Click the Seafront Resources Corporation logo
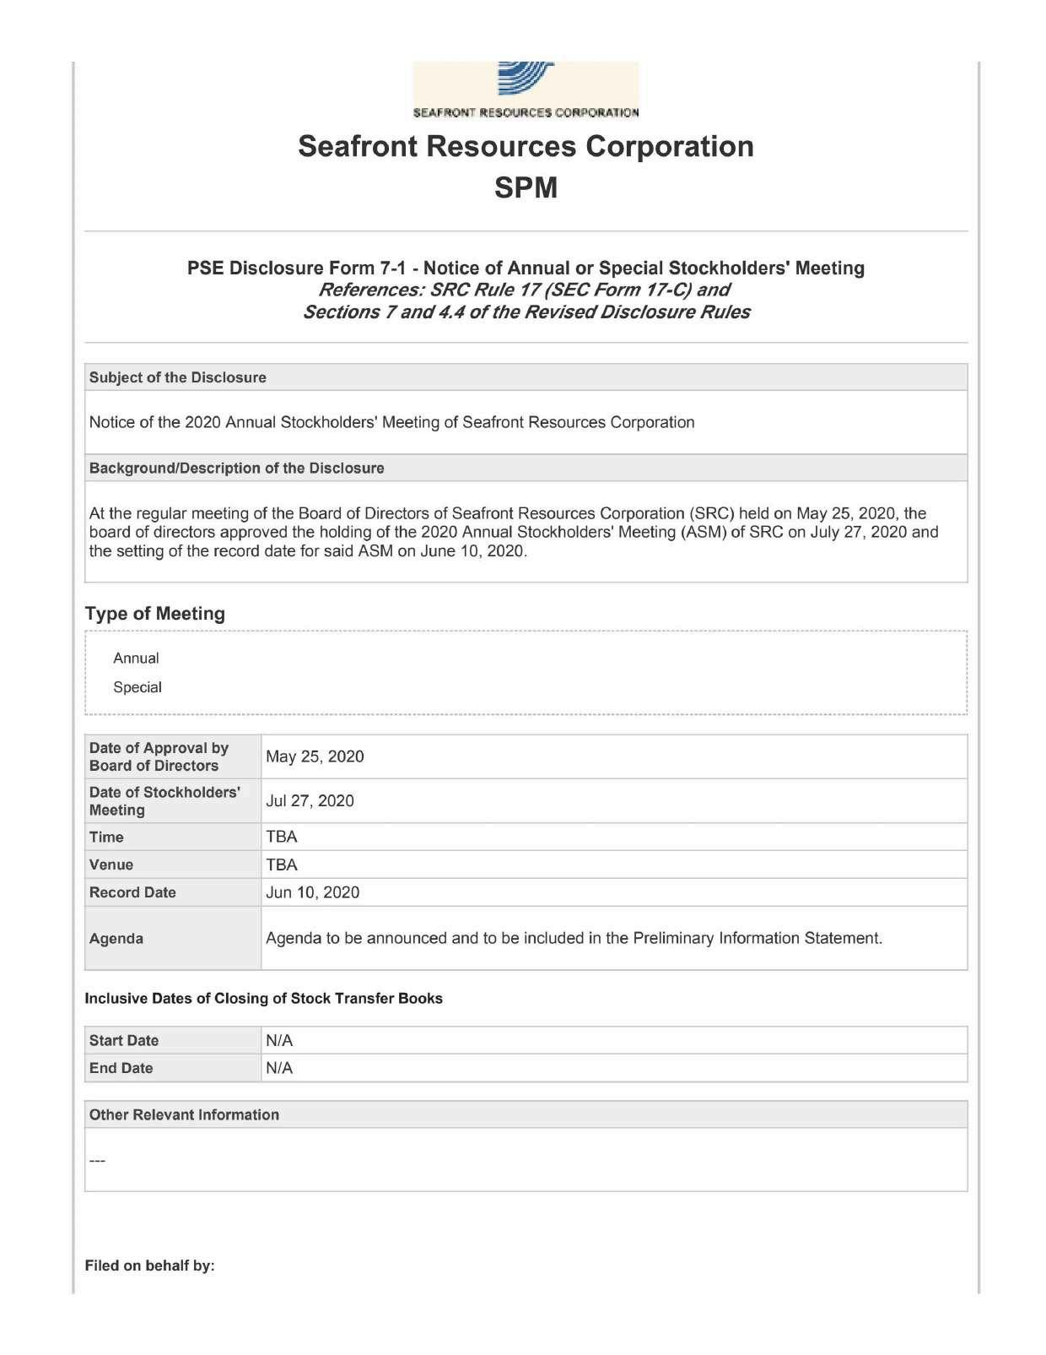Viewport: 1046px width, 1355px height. [526, 89]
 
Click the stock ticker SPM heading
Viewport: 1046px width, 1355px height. [526, 187]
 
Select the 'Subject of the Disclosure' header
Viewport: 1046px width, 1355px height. [178, 377]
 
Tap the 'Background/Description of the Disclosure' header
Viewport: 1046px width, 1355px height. [237, 468]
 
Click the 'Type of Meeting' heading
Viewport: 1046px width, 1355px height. [155, 614]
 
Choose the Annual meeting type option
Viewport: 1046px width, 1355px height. [136, 658]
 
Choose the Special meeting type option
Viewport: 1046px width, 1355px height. [137, 687]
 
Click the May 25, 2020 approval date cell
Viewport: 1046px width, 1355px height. [315, 756]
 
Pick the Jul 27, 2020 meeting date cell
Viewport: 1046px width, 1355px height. [310, 800]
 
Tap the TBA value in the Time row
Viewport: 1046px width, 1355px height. [282, 837]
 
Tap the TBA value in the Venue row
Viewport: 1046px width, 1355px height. [282, 864]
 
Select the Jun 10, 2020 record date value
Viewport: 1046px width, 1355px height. [312, 892]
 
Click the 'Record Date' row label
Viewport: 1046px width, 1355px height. [132, 892]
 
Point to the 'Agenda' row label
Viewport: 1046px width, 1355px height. [116, 938]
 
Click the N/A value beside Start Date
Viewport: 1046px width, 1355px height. [279, 1040]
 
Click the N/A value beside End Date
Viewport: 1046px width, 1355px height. [279, 1068]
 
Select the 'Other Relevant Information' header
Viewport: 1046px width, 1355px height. [184, 1114]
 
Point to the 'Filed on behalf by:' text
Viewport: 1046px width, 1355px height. [150, 1266]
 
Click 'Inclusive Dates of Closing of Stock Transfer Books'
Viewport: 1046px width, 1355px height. [263, 998]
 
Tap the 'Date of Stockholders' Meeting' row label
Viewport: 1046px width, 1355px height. [164, 800]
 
